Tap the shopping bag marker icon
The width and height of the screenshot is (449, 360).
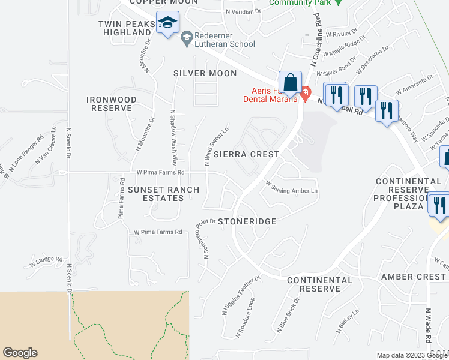point(290,82)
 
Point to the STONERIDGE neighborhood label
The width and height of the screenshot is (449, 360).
point(247,221)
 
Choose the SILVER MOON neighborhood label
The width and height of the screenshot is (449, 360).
point(205,73)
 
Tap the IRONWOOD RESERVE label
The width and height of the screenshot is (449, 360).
point(111,104)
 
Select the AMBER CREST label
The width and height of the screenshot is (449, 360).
point(414,277)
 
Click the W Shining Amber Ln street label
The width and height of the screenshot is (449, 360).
point(291,190)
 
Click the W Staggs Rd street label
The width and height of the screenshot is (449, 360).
point(46,262)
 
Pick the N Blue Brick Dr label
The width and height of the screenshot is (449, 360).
point(288,315)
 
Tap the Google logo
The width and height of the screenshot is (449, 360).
point(20,353)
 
